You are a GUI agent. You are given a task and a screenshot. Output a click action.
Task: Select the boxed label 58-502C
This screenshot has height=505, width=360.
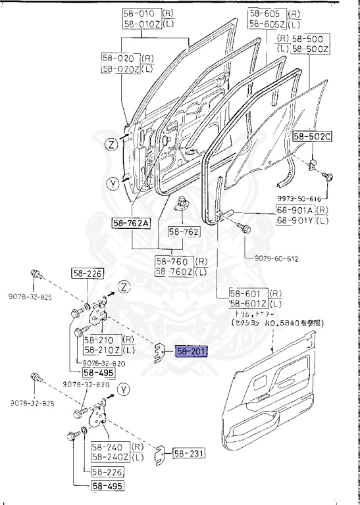pyautogui.click(x=313, y=137)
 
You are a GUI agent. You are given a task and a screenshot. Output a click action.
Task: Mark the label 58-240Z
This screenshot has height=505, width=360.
pyautogui.click(x=110, y=456)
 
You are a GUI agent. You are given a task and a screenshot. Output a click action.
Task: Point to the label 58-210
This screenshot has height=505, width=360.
pyautogui.click(x=99, y=340)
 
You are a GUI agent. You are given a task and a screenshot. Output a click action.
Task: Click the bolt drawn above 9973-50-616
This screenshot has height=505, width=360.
pyautogui.click(x=329, y=176)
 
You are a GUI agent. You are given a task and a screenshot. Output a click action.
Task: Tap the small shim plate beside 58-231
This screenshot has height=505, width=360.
pyautogui.click(x=160, y=453)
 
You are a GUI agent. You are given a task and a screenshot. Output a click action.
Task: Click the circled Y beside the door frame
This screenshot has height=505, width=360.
pyautogui.click(x=113, y=184)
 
